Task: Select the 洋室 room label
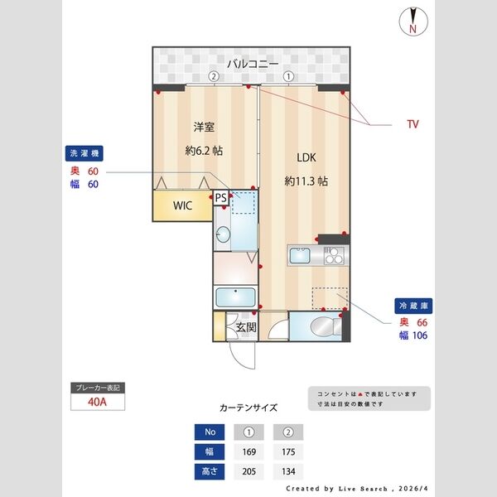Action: tap(204, 127)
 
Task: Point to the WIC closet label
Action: tap(182, 206)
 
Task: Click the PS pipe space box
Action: tap(220, 198)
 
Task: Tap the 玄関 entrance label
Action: tap(246, 327)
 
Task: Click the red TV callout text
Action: tap(412, 125)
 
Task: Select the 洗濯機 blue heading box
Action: tap(84, 154)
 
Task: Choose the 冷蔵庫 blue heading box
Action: tap(412, 306)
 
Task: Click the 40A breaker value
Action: tap(98, 403)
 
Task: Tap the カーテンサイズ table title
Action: tap(248, 408)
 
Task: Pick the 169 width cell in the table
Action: tap(249, 452)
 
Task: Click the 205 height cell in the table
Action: tap(249, 472)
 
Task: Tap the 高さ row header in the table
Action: tap(209, 472)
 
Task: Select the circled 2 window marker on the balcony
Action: tap(214, 76)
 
